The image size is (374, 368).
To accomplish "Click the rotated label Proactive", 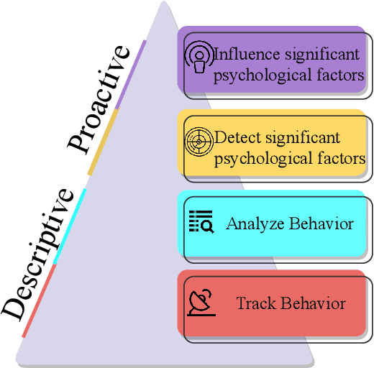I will coord(99,98).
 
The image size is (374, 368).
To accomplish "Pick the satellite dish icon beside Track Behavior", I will coord(201,303).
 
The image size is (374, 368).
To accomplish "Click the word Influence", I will coord(244,55).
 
